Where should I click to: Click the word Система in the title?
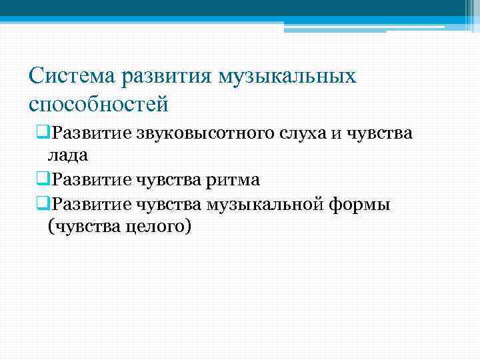click(x=73, y=75)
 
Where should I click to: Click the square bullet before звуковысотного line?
click(x=44, y=133)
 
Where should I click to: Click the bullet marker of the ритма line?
click(x=44, y=179)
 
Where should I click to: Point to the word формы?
click(x=360, y=203)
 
